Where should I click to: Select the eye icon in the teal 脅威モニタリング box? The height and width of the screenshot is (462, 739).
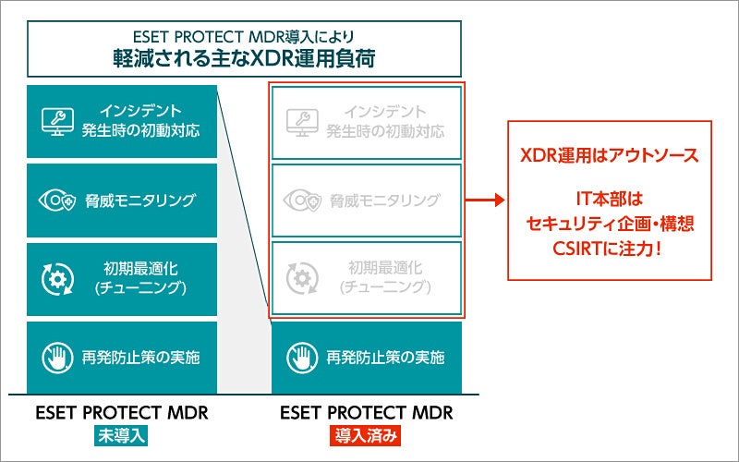57,200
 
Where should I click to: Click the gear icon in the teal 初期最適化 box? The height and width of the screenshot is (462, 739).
57,278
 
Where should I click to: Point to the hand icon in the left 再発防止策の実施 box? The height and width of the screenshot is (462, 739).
57,356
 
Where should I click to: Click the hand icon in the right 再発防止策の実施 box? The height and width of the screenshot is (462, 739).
300,356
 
